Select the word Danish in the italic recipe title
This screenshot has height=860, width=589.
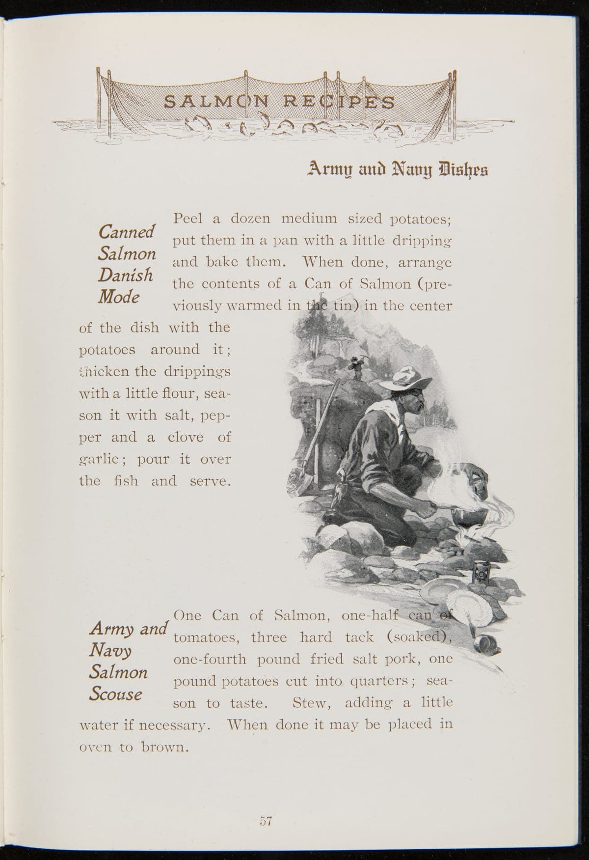[125, 276]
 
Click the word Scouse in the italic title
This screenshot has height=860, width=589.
[116, 694]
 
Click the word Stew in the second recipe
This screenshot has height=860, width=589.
[311, 703]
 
